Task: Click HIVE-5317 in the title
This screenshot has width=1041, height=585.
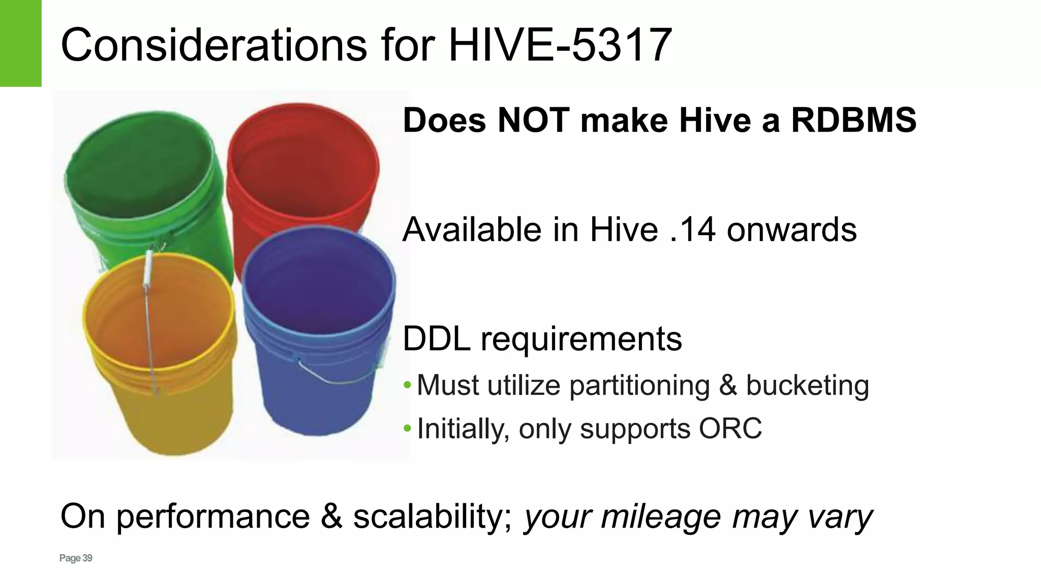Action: pyautogui.click(x=560, y=45)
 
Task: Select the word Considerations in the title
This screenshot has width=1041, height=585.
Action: pyautogui.click(x=213, y=45)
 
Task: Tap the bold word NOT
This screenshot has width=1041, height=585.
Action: pyautogui.click(x=533, y=121)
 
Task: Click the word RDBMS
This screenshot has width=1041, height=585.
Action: pyautogui.click(x=853, y=121)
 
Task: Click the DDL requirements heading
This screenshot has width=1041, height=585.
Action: pyautogui.click(x=542, y=339)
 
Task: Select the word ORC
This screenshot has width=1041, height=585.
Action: pyautogui.click(x=730, y=429)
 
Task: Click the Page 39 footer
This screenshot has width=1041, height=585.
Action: pyautogui.click(x=76, y=558)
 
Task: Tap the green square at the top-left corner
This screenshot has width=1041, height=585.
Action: pyautogui.click(x=20, y=43)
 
